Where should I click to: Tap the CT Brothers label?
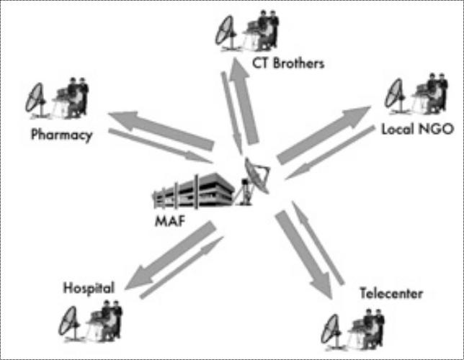(288, 63)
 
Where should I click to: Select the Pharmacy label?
(62, 135)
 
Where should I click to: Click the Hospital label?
(89, 288)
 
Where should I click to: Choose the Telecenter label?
(391, 294)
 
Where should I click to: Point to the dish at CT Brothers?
(226, 30)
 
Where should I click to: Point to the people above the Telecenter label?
(367, 325)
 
